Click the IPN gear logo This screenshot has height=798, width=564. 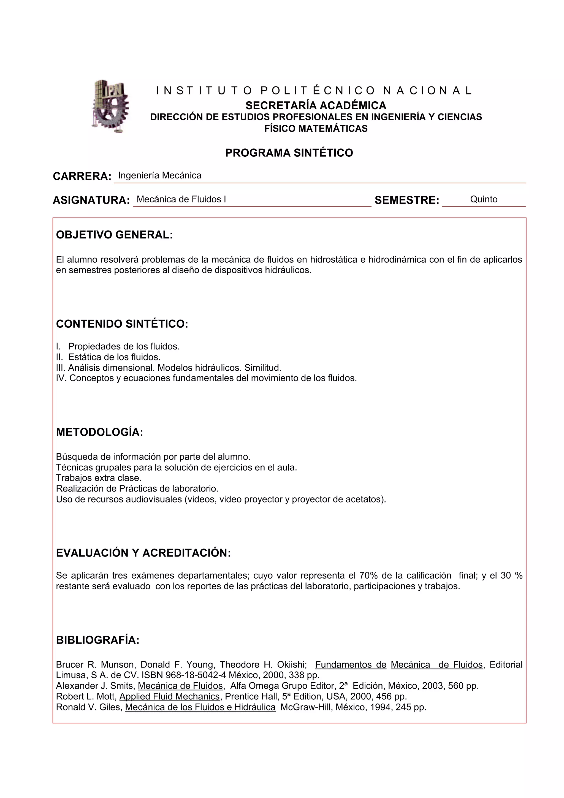pos(110,106)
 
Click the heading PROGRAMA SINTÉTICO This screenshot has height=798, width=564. pos(289,153)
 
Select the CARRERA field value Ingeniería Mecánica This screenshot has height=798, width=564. pos(159,175)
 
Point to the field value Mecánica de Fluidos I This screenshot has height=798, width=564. pos(181,199)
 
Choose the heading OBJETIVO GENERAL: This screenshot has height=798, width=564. pos(114,235)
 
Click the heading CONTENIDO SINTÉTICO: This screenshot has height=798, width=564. pos(122,324)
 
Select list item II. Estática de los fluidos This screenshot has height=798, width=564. pos(108,357)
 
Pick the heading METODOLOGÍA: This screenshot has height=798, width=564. pos(99,432)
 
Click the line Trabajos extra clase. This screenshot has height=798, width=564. pos(99,478)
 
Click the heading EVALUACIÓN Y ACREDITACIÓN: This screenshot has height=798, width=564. pos(143,553)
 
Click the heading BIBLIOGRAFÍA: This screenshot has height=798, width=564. pos(98,640)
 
